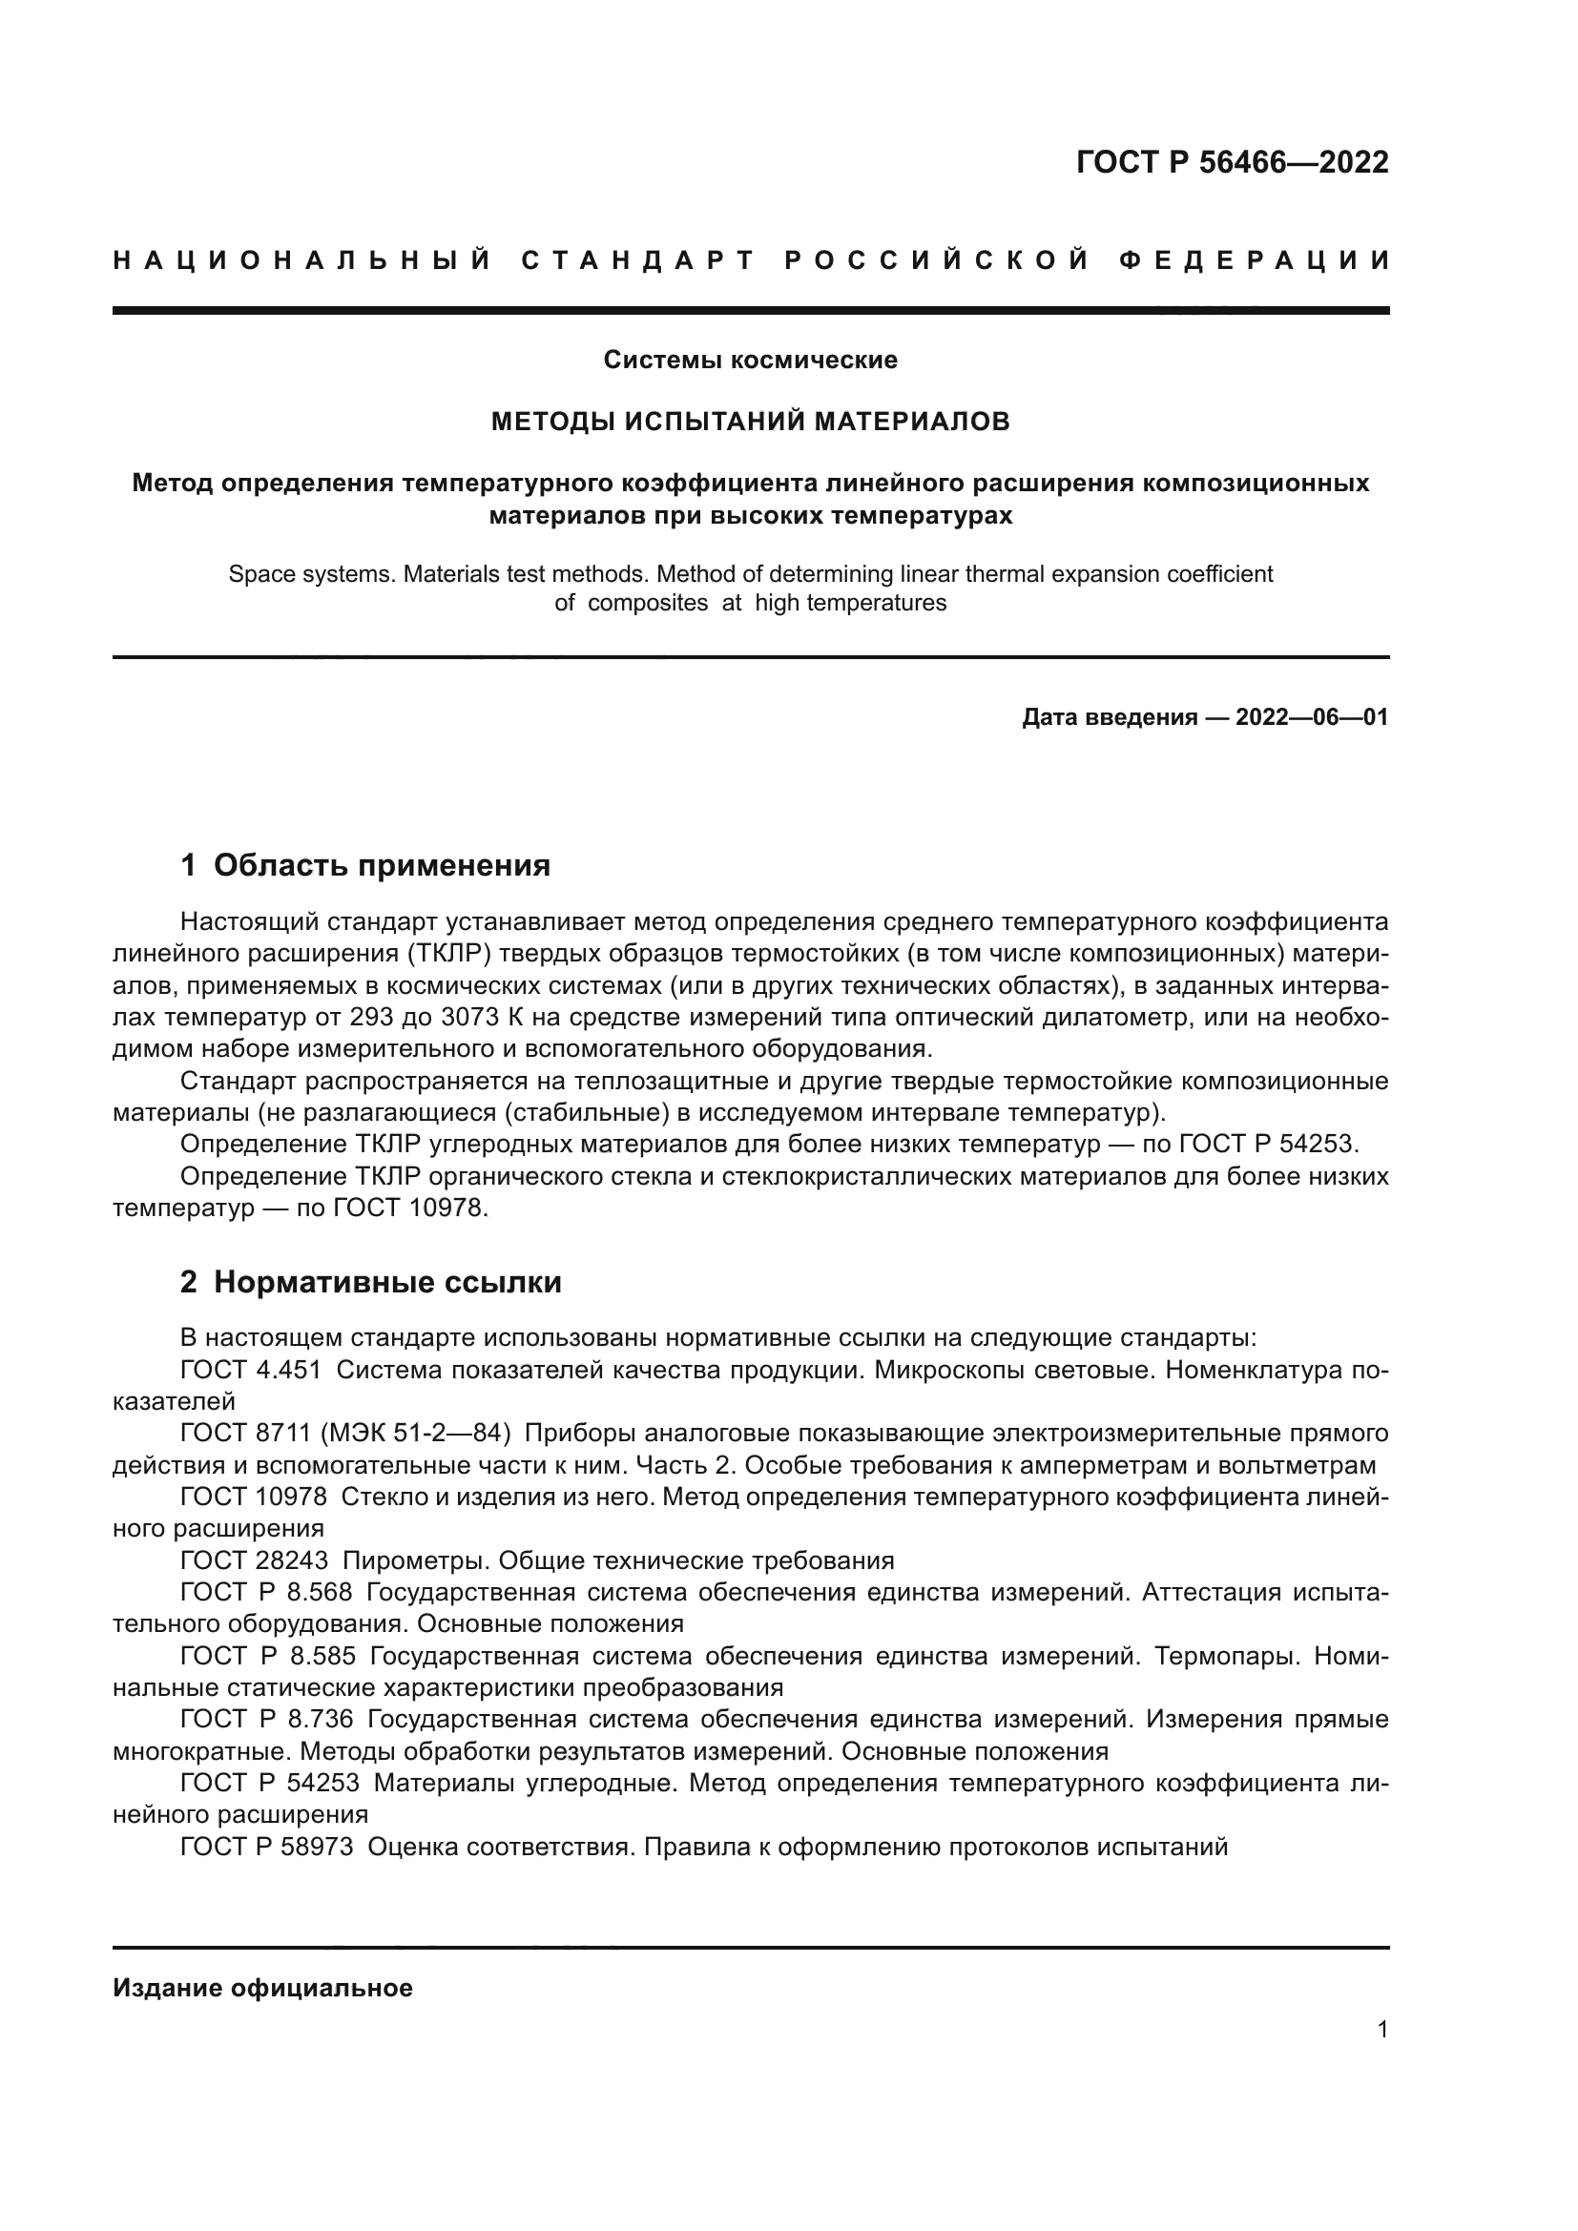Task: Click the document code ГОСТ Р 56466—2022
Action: (1232, 162)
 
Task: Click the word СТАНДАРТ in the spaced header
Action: (638, 260)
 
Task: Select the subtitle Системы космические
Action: (750, 361)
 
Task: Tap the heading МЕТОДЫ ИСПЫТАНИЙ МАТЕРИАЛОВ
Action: (750, 422)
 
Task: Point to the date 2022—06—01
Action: (1312, 718)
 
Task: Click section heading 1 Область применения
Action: (365, 865)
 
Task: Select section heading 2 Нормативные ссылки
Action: (371, 1283)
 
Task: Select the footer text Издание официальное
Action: (262, 1988)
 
